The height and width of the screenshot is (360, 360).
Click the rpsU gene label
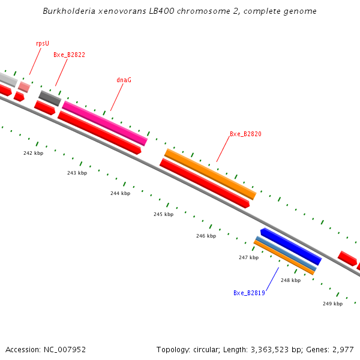pos(43,43)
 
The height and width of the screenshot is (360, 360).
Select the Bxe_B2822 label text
pos(69,55)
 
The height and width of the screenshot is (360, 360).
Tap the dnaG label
pos(124,79)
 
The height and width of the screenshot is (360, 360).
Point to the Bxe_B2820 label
pos(245,134)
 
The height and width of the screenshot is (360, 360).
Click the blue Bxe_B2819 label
pos(249,293)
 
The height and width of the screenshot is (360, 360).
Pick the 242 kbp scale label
pos(34,153)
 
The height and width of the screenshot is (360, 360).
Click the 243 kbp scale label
pos(77,173)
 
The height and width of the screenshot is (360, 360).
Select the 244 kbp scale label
pos(120,193)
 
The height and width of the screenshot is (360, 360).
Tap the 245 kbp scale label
pos(163,214)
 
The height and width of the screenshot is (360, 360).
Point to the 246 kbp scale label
pos(206,236)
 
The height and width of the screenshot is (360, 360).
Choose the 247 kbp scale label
pos(248,257)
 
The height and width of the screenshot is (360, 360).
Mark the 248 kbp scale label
pos(290,280)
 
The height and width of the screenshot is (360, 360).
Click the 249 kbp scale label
pos(332,304)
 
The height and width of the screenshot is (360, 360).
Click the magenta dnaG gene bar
pos(105,123)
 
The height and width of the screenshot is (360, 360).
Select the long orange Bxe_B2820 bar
pos(210,174)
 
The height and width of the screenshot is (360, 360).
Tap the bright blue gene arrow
pos(292,246)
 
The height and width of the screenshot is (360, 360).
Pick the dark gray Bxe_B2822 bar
pos(50,98)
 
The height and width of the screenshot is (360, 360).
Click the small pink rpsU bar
pos(24,86)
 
